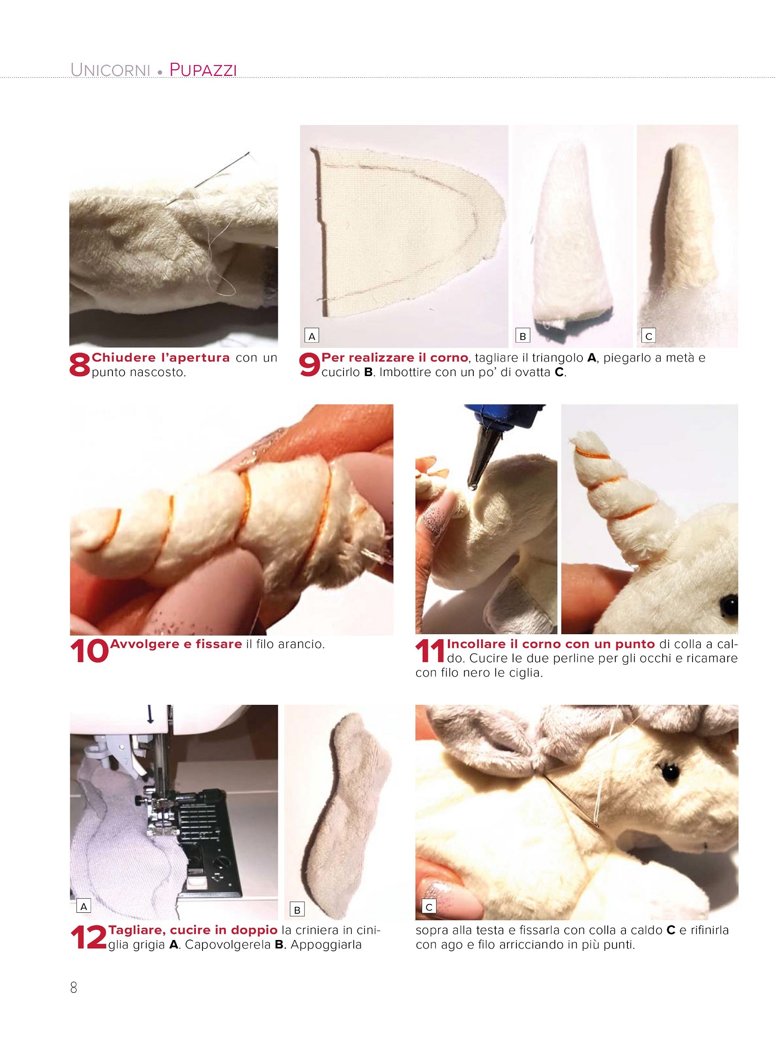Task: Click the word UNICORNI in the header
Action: click(x=110, y=70)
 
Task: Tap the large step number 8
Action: click(x=79, y=365)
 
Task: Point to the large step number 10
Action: click(x=89, y=651)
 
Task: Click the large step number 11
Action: click(x=430, y=651)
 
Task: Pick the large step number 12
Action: click(x=89, y=938)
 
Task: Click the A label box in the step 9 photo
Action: click(x=312, y=336)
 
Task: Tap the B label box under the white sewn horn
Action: click(x=522, y=336)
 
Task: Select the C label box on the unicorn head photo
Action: click(x=429, y=907)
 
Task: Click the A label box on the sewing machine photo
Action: click(x=83, y=907)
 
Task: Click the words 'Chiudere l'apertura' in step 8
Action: click(x=161, y=357)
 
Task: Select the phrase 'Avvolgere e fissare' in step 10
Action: click(x=176, y=644)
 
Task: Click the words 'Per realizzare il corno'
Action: click(x=395, y=357)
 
